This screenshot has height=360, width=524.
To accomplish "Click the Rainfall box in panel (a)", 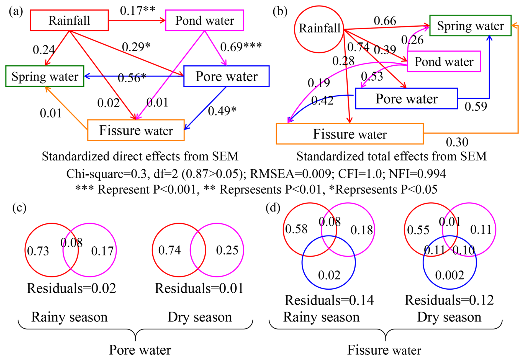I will pos(69,20).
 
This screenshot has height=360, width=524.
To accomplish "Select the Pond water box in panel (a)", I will pos(204,20).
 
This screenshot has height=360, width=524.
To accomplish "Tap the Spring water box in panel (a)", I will pos(45,76).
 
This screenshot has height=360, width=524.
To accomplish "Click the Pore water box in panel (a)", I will pos(226,76).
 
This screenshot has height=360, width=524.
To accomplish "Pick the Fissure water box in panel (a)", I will pos(136,130).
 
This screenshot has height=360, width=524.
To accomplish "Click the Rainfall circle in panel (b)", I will pos(319,29).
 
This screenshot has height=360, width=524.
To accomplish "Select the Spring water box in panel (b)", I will pos(470,25).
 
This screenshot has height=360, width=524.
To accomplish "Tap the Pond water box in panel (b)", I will pos(444,62).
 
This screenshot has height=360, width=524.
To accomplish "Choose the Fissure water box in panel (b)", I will pos(350,134).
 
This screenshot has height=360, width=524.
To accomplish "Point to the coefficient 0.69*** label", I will pos(241,47).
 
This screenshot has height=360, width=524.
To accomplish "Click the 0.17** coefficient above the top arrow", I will pos(137,11).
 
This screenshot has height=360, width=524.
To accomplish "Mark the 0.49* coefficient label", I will pos(222,111).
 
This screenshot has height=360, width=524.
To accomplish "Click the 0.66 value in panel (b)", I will pos(385,21).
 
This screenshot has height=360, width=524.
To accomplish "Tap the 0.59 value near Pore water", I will pos(476,106).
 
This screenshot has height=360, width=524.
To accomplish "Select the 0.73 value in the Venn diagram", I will pos(38,251).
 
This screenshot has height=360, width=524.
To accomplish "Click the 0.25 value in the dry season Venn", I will pos(227,250).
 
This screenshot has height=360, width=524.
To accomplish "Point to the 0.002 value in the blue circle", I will pos(449,275).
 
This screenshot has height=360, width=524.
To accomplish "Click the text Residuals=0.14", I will pos(329,300).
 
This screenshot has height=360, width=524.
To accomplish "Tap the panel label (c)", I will pos(19,208).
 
